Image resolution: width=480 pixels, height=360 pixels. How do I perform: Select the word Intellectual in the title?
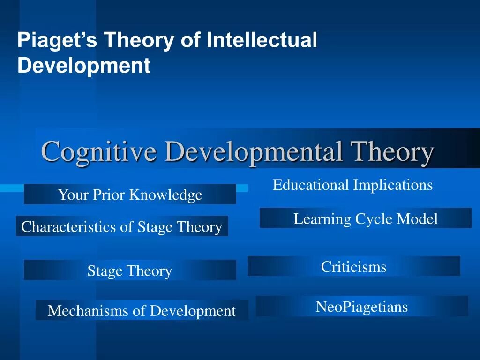click(262, 40)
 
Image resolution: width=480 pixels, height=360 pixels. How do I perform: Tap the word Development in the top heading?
click(84, 66)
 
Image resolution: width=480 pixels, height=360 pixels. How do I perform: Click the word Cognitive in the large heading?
click(98, 151)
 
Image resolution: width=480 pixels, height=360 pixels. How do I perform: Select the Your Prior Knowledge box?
click(130, 194)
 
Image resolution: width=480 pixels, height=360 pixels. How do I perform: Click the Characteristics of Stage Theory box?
click(122, 227)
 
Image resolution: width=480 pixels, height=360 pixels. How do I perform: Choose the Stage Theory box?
click(130, 270)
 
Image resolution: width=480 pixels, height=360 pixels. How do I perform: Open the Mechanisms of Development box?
click(142, 310)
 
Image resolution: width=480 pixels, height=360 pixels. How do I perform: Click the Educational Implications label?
click(352, 185)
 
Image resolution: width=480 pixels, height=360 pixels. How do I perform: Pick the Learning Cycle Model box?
click(366, 218)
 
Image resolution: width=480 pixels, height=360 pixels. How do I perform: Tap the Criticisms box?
click(354, 267)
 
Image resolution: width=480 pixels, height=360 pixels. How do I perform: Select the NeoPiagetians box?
click(362, 307)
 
